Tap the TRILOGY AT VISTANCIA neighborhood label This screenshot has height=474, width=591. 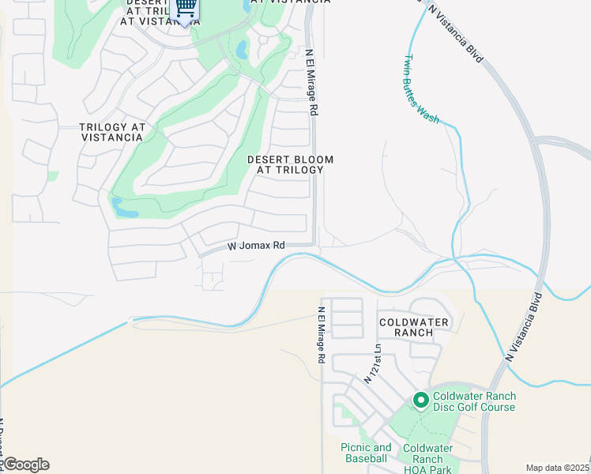coord(111,132)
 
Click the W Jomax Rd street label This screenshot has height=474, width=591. coord(256,246)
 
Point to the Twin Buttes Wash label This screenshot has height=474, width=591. coord(422,88)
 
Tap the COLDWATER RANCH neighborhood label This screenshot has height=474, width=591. coord(414,327)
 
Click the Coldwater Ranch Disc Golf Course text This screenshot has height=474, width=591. coord(474,401)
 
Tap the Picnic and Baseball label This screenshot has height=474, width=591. coord(366,453)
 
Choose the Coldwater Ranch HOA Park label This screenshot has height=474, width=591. coord(427,458)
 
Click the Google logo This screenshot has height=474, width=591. coord(25,465)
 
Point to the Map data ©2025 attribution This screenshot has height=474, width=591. coord(558,468)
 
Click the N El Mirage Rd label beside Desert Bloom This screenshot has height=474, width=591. coord(312,84)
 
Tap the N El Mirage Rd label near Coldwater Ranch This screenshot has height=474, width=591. coord(321,335)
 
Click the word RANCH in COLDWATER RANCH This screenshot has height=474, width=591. coord(414,333)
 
